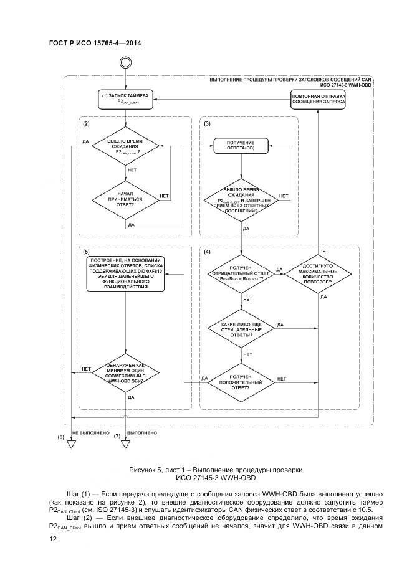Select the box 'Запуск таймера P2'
pos(125,98)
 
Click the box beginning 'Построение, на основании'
pos(125,274)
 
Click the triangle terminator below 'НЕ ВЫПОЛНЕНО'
pos(72,445)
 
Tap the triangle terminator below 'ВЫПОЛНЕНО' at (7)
pos(125,445)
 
